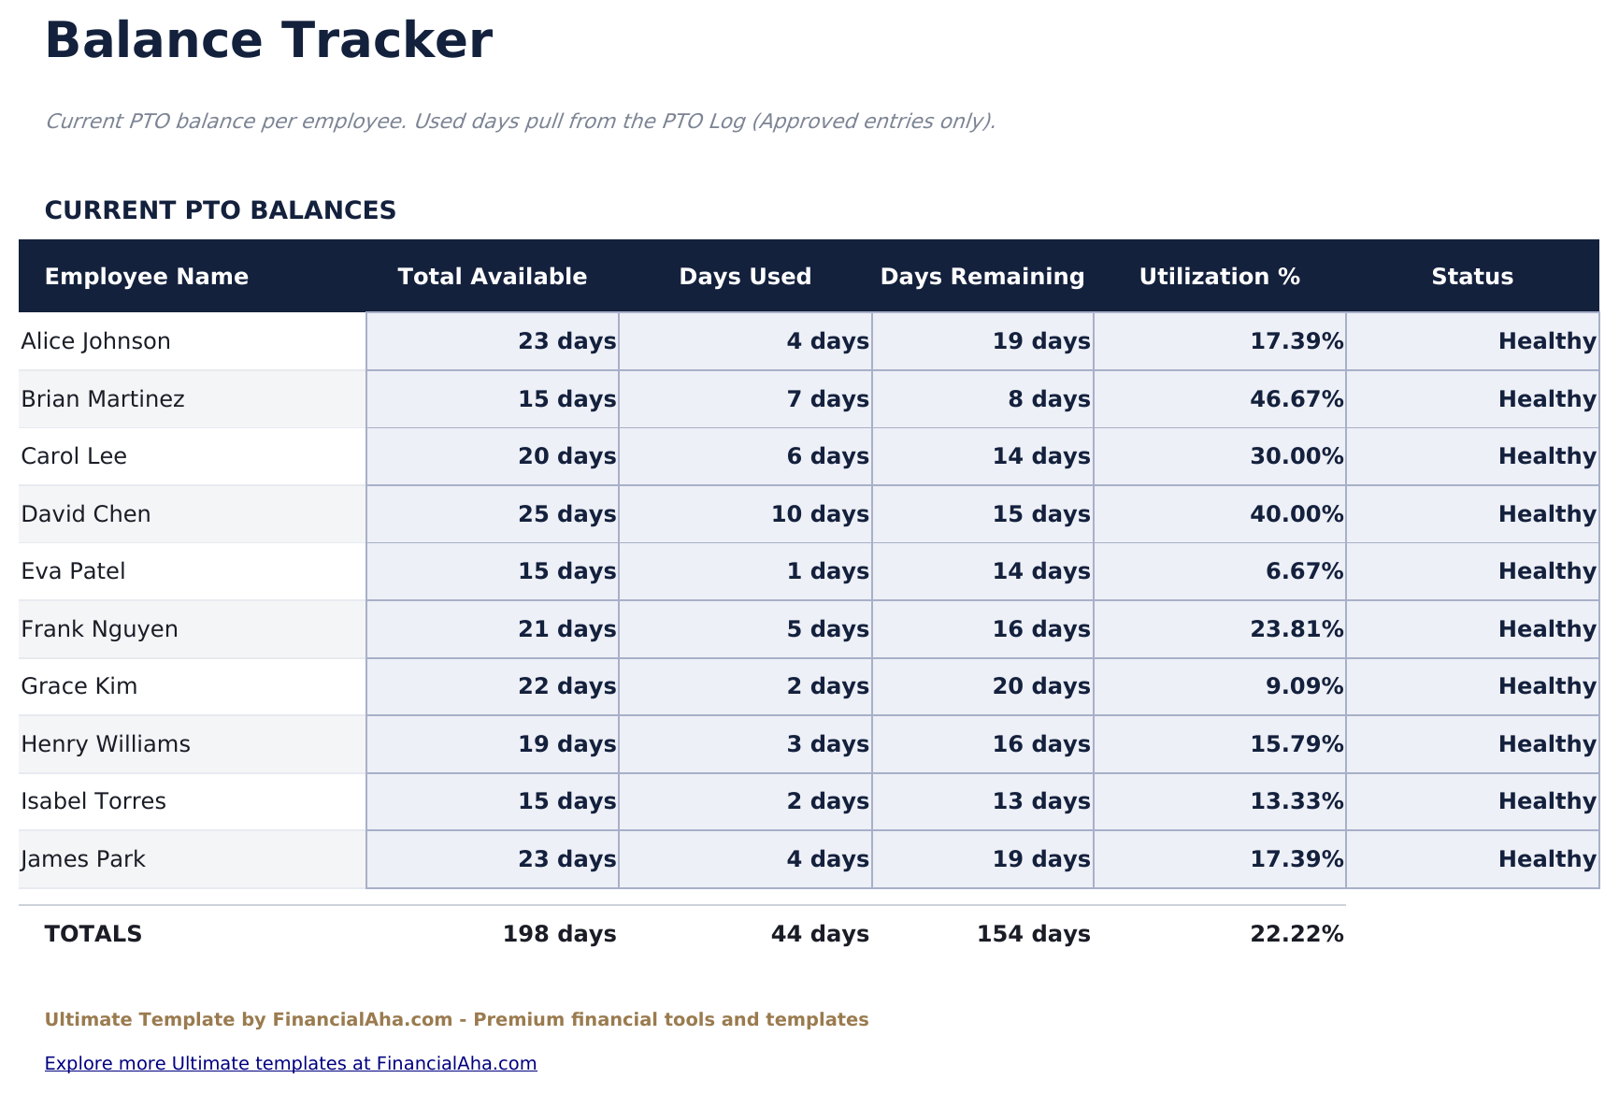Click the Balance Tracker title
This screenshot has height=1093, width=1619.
268,42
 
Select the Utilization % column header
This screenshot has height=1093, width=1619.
1219,277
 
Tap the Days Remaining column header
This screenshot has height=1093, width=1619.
982,277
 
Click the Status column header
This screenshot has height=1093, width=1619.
1472,277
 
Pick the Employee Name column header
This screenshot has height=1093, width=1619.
147,277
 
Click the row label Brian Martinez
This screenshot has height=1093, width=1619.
103,399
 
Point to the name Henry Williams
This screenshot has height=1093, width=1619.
106,744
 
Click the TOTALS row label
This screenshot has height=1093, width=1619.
93,934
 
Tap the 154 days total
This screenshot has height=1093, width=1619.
1033,934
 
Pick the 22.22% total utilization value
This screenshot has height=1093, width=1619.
1297,934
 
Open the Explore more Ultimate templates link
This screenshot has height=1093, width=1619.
291,1063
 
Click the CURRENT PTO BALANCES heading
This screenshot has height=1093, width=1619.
221,210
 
